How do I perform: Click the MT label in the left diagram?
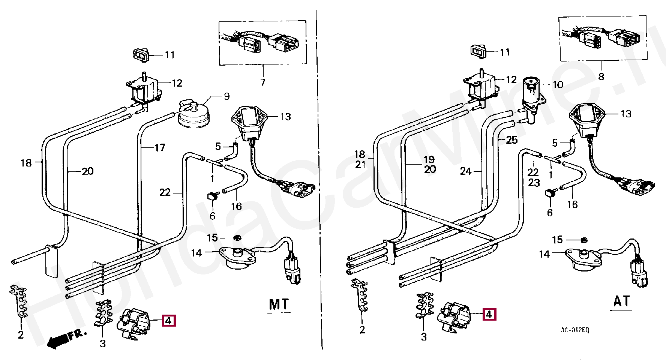(x=279, y=304)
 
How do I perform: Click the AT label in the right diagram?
(x=622, y=301)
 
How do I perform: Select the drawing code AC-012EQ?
(x=575, y=330)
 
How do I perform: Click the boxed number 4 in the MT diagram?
(x=168, y=321)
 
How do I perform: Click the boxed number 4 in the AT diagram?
(x=489, y=314)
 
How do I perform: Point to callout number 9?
(x=226, y=96)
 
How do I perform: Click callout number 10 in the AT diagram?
(x=558, y=84)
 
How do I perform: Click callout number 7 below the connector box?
(x=263, y=82)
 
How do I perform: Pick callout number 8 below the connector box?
(x=601, y=76)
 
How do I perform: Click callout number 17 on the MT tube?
(x=160, y=147)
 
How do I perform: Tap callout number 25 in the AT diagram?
(x=512, y=140)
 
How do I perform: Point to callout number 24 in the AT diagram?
(x=466, y=171)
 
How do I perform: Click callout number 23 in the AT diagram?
(x=534, y=183)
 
